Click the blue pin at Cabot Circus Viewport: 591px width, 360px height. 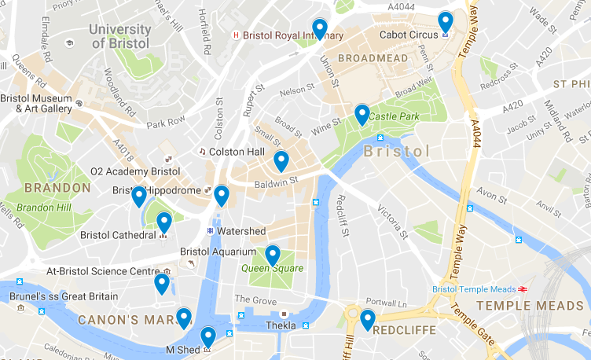tap(446, 22)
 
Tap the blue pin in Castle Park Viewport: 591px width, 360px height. tap(362, 115)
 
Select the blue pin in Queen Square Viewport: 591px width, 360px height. tap(273, 255)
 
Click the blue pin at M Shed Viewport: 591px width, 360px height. tap(208, 337)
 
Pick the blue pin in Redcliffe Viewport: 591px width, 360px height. tap(368, 320)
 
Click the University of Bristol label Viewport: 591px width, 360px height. tap(119, 36)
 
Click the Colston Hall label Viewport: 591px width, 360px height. tap(233, 151)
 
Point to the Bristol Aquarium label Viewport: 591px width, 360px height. tap(218, 252)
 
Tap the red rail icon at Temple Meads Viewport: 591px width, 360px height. tap(534, 288)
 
